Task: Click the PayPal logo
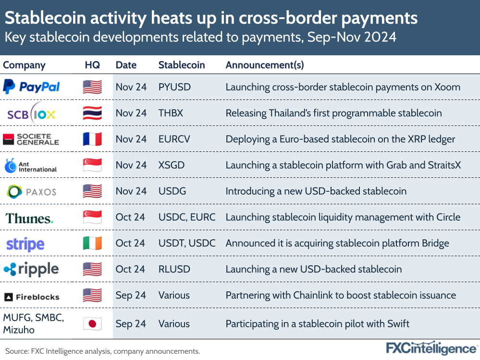tap(32, 87)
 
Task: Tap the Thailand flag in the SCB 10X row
tap(92, 113)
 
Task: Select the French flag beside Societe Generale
tap(92, 139)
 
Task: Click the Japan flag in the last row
tap(92, 323)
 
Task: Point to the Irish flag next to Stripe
tap(92, 243)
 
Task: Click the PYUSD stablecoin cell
tap(174, 87)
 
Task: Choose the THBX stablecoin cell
tap(171, 113)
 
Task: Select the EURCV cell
tap(174, 139)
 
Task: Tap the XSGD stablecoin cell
tap(172, 165)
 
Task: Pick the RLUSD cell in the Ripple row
tap(174, 269)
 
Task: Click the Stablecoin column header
tap(182, 65)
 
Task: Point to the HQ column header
tap(92, 65)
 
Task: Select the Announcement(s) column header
tap(265, 65)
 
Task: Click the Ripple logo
tap(31, 269)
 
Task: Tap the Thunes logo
tap(29, 218)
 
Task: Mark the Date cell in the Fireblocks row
tap(131, 295)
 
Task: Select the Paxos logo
tap(32, 191)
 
